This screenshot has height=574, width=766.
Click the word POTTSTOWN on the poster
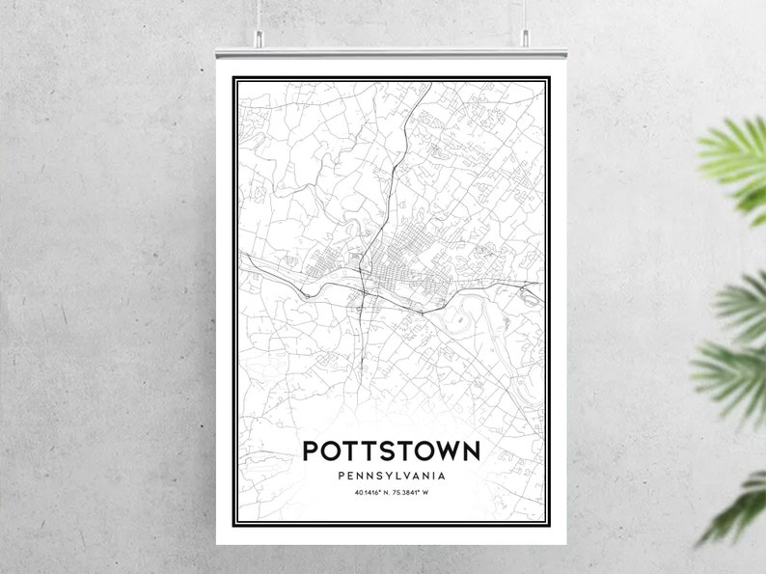click(x=391, y=451)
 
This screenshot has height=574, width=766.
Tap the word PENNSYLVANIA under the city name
click(x=391, y=476)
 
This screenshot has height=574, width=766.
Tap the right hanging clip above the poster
click(x=527, y=37)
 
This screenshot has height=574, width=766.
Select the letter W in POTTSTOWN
click(x=443, y=451)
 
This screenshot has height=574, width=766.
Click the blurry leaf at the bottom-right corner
click(x=738, y=511)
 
